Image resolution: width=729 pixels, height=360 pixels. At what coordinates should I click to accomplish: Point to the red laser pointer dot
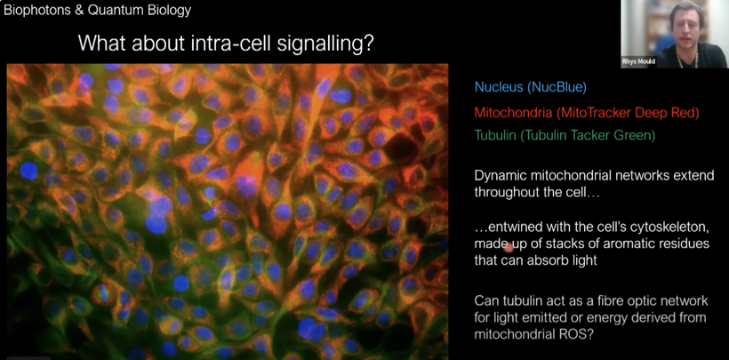point(509,248)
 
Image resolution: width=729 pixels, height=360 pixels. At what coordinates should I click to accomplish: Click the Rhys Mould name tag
point(638,62)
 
